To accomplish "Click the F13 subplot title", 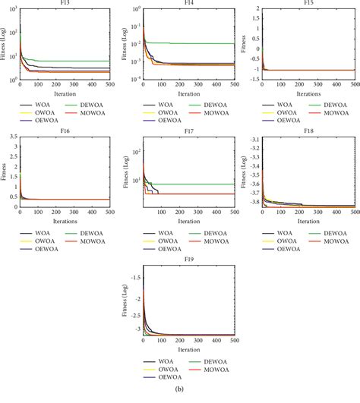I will [65, 4].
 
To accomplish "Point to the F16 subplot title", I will [65, 131].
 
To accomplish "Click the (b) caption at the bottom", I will [180, 398].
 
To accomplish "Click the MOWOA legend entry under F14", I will [206, 111].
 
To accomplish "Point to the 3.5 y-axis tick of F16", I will [10, 137].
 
